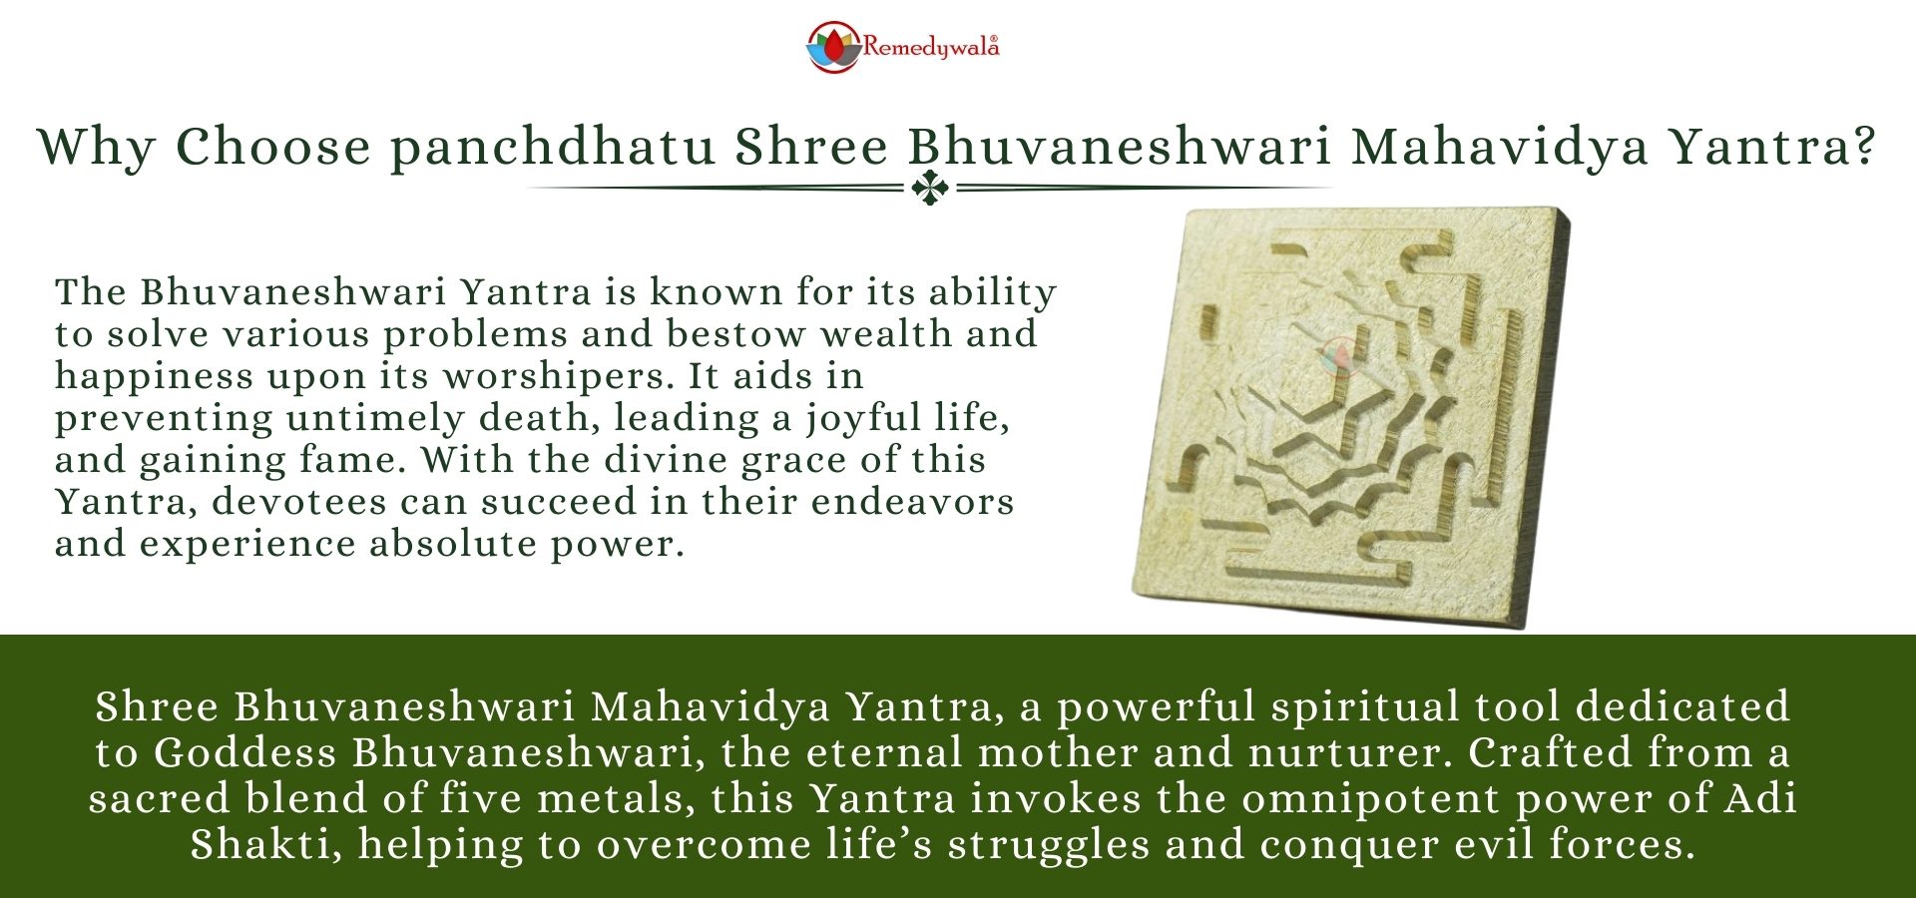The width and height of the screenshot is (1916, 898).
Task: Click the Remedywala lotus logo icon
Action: tap(832, 47)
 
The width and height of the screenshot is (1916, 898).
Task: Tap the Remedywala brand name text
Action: tap(930, 47)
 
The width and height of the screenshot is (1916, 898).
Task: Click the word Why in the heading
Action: tap(96, 147)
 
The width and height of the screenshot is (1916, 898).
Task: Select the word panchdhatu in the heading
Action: tap(553, 147)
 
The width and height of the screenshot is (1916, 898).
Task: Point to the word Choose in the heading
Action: tap(273, 147)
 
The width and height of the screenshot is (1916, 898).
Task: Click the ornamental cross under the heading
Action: tap(930, 188)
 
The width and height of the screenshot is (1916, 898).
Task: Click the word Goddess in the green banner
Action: tap(244, 752)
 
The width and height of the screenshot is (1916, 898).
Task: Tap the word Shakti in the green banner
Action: tap(259, 844)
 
